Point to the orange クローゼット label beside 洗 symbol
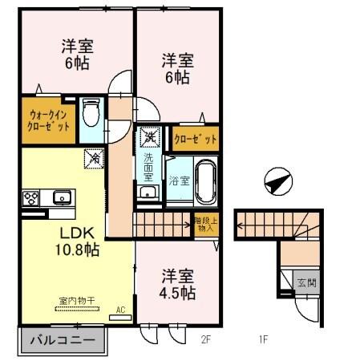coord(196,139)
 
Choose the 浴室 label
coord(179,180)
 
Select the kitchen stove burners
coord(32,197)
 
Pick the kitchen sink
coord(61,197)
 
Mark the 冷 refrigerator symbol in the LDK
coord(93,160)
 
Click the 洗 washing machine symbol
coord(148,138)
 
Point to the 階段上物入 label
coord(204,224)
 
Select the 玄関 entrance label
coord(305,282)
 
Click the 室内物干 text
coord(77,301)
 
